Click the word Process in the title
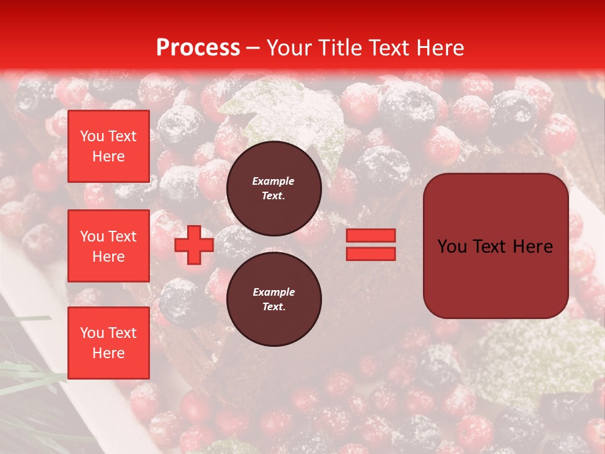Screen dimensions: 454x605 coord(198,48)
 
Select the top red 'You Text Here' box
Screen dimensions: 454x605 coord(108,146)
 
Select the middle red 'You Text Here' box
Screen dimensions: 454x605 coord(108,246)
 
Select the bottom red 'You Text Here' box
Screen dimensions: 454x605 coord(108,343)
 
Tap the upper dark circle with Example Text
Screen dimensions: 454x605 coord(274,189)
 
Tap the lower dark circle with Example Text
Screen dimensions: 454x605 coord(274,300)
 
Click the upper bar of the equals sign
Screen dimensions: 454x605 coord(371,235)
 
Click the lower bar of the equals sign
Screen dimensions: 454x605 coord(371,253)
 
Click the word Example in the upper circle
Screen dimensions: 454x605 coord(274,181)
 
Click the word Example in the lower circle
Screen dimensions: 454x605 coord(274,292)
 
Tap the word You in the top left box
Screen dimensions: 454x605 coord(92,136)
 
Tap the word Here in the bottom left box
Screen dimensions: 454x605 coord(108,353)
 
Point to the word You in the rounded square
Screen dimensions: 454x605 coord(452,247)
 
